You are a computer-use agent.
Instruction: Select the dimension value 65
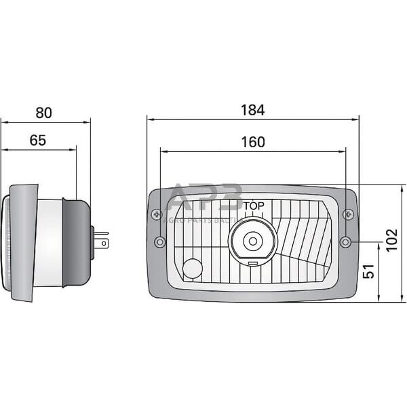pyautogui.click(x=38, y=140)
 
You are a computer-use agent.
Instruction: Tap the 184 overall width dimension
pyautogui.click(x=252, y=109)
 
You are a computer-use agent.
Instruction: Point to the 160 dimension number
pyautogui.click(x=252, y=142)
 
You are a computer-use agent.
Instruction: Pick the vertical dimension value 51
pyautogui.click(x=369, y=271)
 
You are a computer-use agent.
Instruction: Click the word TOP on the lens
pyautogui.click(x=254, y=206)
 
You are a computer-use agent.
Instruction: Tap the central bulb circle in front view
pyautogui.click(x=253, y=240)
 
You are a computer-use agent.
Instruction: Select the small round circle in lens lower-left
pyautogui.click(x=193, y=268)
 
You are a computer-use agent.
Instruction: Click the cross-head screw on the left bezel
pyautogui.click(x=158, y=214)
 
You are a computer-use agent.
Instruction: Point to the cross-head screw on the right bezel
pyautogui.click(x=349, y=214)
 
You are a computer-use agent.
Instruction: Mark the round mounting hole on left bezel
pyautogui.click(x=159, y=242)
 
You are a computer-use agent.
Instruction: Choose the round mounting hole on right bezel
pyautogui.click(x=347, y=241)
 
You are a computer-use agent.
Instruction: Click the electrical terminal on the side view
pyautogui.click(x=101, y=239)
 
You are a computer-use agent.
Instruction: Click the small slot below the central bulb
pyautogui.click(x=252, y=262)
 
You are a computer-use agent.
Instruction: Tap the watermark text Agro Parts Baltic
pyautogui.click(x=204, y=220)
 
